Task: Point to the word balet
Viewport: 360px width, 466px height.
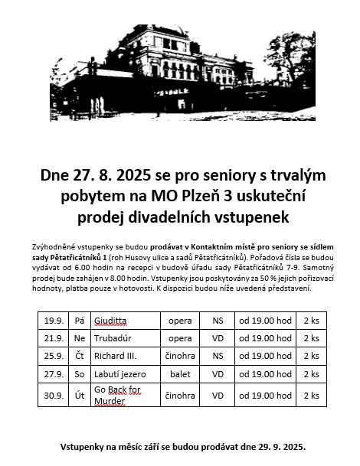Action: coord(180,376)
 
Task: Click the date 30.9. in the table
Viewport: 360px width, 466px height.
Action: coord(54,395)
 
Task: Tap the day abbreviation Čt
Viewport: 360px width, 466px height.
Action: coord(79,357)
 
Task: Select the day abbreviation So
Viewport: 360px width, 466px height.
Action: coord(79,376)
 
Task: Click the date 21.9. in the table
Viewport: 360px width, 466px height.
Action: coord(54,337)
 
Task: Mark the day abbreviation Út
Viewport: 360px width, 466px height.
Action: coord(79,395)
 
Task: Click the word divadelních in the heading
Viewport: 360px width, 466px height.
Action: coord(166,217)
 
